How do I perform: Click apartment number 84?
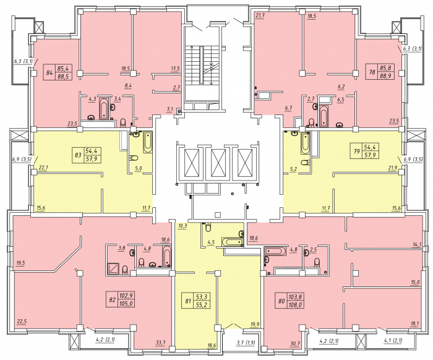click(x=49, y=73)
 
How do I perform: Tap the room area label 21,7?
click(x=260, y=15)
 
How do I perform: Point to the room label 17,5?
click(x=175, y=69)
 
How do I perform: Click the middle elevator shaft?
click(x=218, y=162)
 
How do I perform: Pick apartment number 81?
click(x=188, y=301)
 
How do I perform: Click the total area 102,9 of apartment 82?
click(x=126, y=296)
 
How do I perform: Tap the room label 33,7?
click(x=160, y=343)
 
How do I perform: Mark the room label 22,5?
click(x=22, y=322)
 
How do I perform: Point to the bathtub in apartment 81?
click(x=231, y=242)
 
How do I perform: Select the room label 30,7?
click(x=295, y=343)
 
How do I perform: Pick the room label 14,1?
click(x=416, y=244)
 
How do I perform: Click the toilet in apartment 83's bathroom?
click(x=134, y=158)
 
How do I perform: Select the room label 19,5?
click(x=20, y=264)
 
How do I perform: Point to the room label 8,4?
click(x=128, y=86)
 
